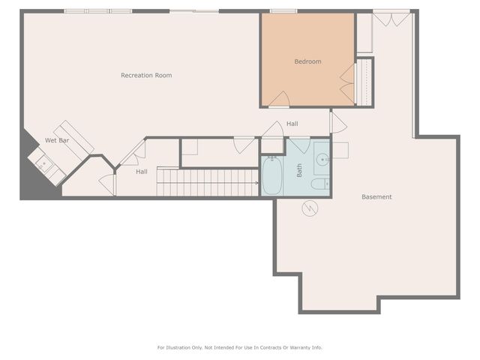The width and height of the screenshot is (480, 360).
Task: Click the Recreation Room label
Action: point(146,75)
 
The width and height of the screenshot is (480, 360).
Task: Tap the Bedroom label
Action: point(307,61)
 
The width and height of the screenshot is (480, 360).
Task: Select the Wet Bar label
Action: point(57,140)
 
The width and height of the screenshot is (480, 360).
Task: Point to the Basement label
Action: point(376,196)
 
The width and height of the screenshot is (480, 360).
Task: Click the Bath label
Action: point(299,170)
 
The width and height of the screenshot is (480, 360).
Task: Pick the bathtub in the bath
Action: point(271,175)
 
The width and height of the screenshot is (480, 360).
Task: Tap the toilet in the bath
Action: point(320,184)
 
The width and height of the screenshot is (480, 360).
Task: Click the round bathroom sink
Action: point(322,160)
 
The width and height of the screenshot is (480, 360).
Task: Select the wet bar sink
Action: point(43,163)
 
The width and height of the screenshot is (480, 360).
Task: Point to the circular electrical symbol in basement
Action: point(310,208)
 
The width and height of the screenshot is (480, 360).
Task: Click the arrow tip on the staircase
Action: point(257,183)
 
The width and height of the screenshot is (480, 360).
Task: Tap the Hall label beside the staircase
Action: point(142,172)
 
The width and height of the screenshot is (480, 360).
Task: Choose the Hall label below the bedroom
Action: point(292,124)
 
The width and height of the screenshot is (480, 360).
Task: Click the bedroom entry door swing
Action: point(279,100)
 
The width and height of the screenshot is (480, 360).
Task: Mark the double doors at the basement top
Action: point(391,18)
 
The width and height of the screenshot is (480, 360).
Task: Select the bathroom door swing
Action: point(300,145)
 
